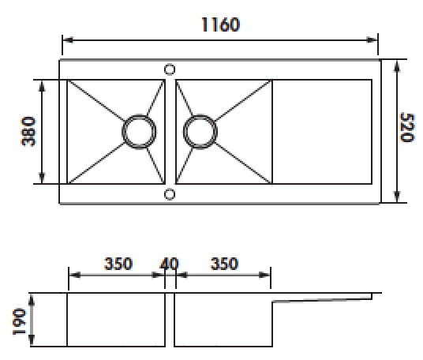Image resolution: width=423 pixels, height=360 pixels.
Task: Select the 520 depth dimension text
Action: (x=406, y=127)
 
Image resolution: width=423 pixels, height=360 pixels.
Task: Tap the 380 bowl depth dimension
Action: (x=28, y=131)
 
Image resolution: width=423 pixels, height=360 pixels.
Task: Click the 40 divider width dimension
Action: (x=170, y=263)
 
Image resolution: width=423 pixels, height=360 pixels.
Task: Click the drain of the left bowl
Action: (x=139, y=131)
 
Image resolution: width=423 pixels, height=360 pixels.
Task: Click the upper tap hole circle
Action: (x=170, y=69)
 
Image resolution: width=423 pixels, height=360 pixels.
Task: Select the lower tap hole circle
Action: (x=170, y=193)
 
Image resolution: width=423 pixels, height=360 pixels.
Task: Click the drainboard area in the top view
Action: (x=321, y=131)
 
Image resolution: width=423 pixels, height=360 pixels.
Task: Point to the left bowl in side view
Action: (x=116, y=320)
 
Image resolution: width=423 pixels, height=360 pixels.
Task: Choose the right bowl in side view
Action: (x=223, y=320)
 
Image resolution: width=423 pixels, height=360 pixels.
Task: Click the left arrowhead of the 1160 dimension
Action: (x=66, y=39)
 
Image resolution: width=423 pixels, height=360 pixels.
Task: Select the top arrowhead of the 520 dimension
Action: (x=395, y=64)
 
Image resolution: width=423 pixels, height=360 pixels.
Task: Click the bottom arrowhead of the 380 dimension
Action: (x=43, y=179)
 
